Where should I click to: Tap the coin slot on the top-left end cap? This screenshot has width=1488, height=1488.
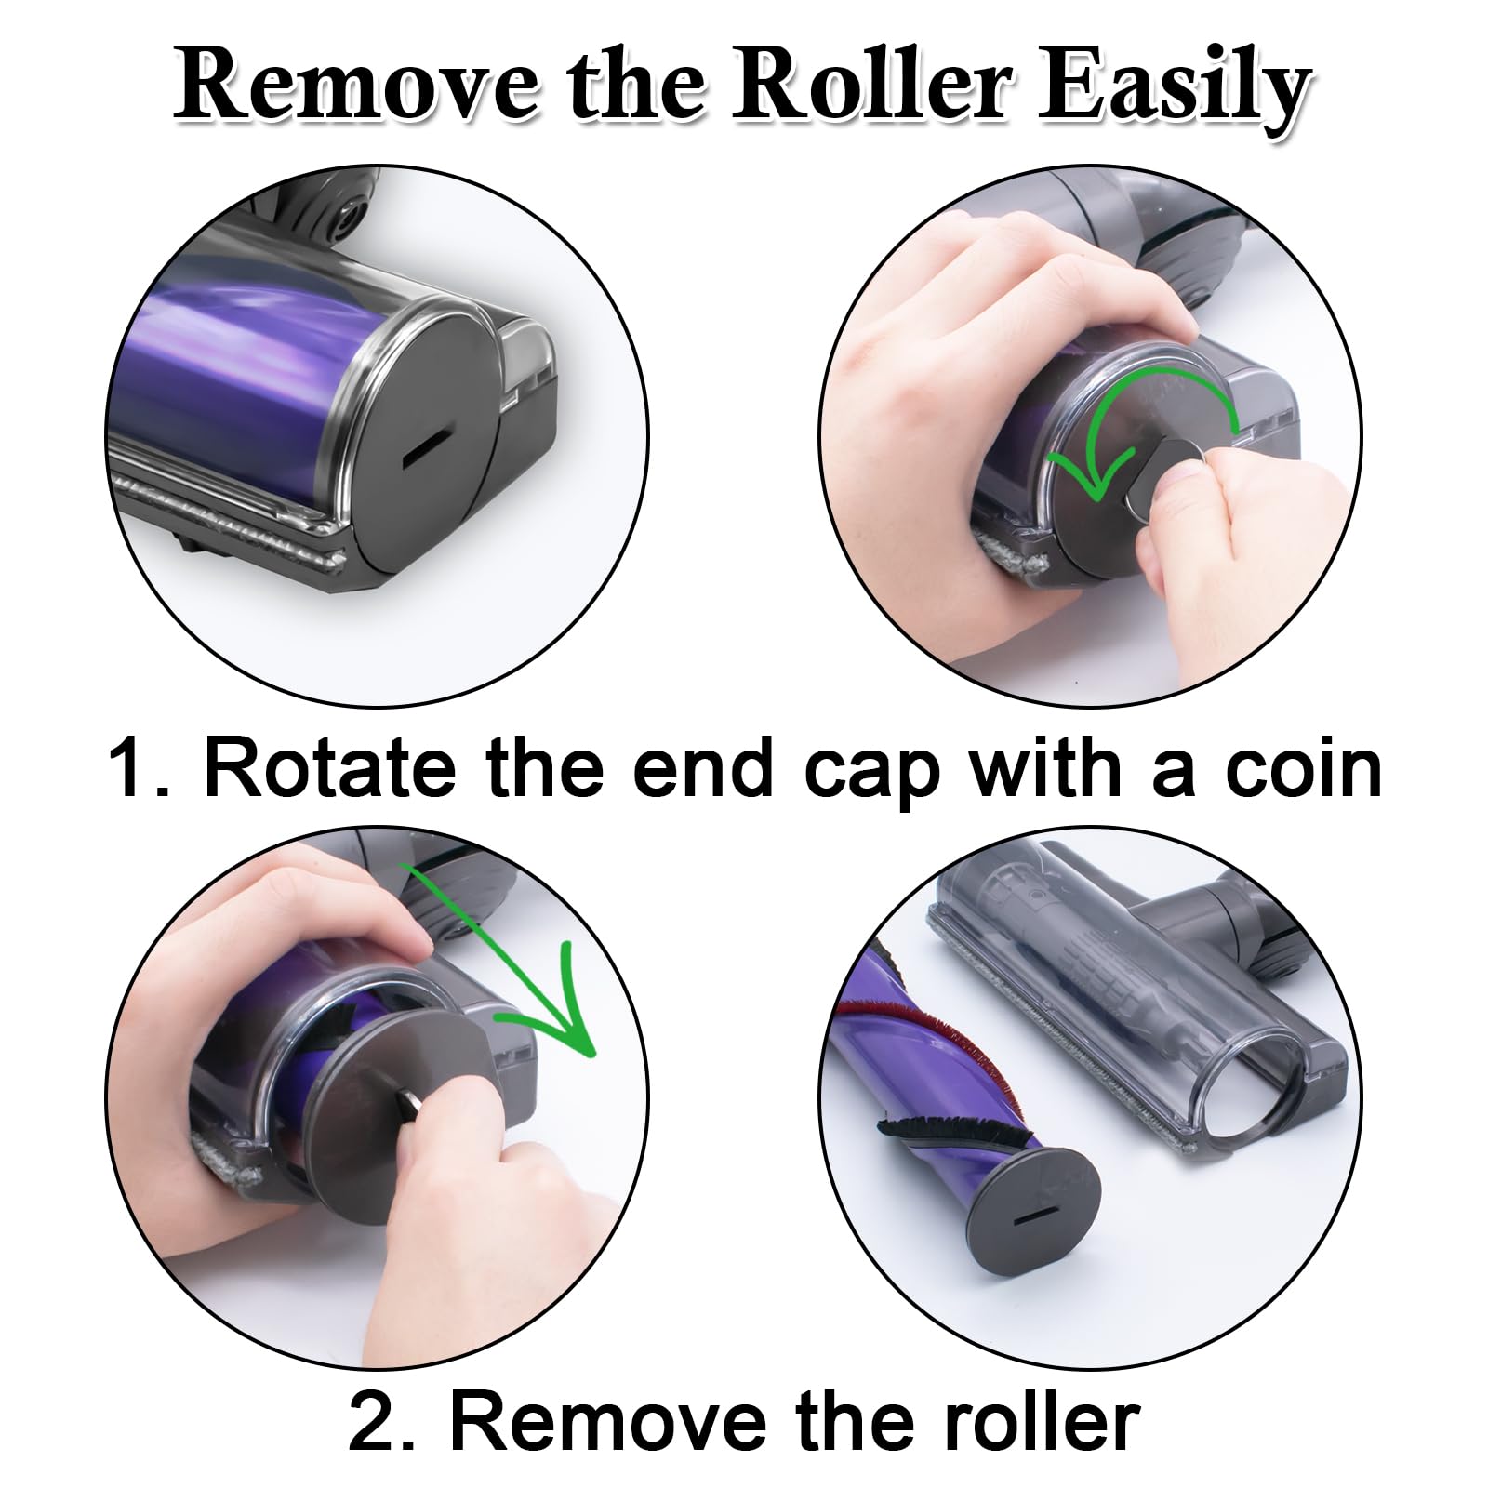pyautogui.click(x=427, y=449)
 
